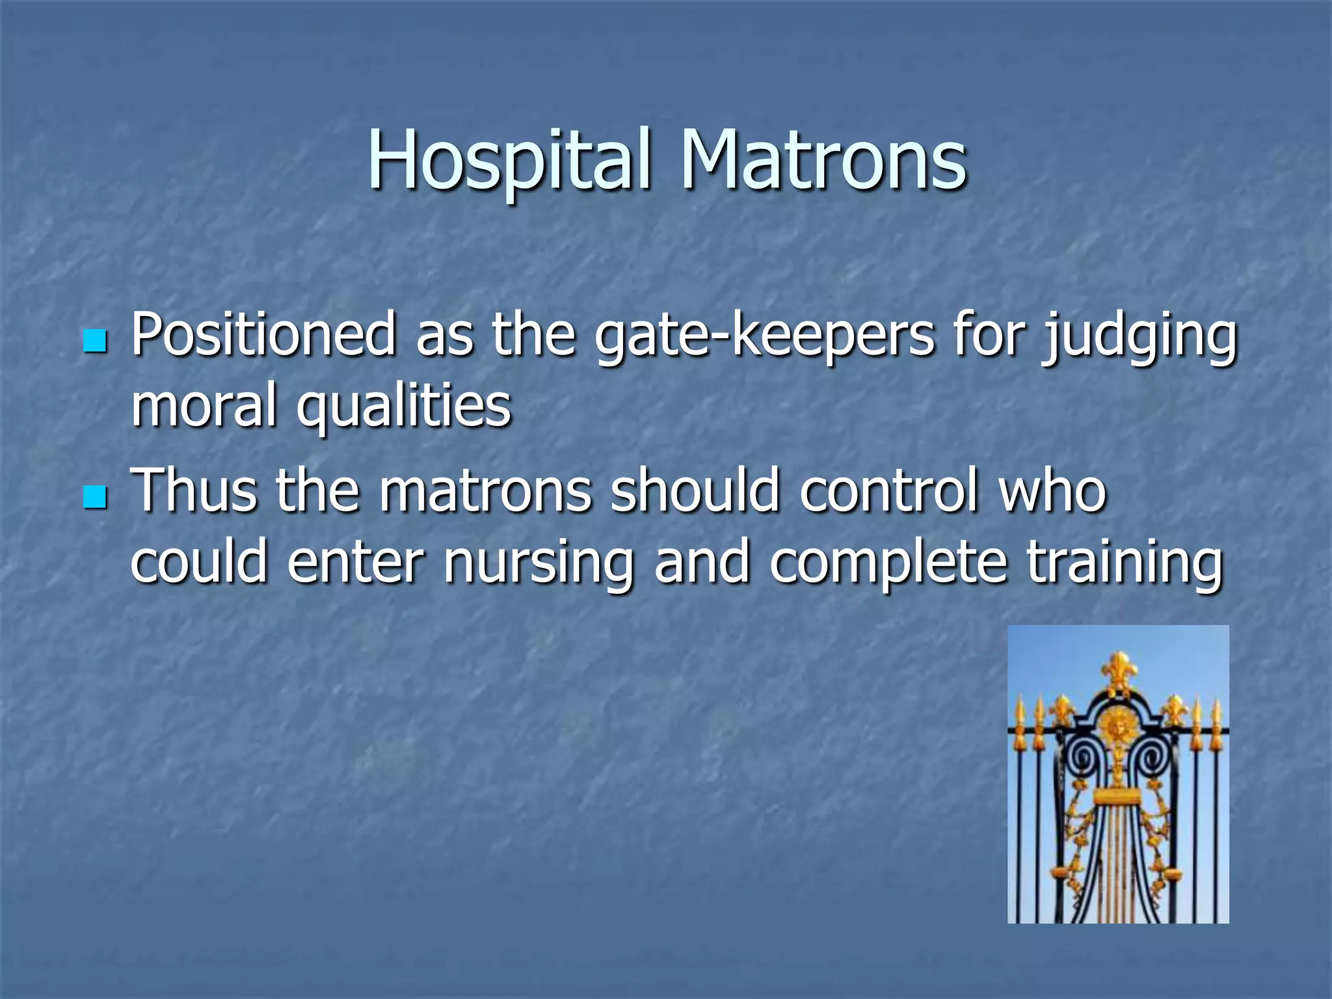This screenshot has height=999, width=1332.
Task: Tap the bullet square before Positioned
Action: [95, 341]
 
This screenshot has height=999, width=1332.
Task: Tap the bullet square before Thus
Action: [95, 497]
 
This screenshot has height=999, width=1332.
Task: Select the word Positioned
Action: [263, 334]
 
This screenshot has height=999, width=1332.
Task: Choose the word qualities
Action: [404, 407]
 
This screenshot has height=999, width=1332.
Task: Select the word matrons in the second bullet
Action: [485, 492]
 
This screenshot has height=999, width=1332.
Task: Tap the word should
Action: [695, 490]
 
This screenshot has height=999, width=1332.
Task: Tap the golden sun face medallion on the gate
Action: [1118, 725]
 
